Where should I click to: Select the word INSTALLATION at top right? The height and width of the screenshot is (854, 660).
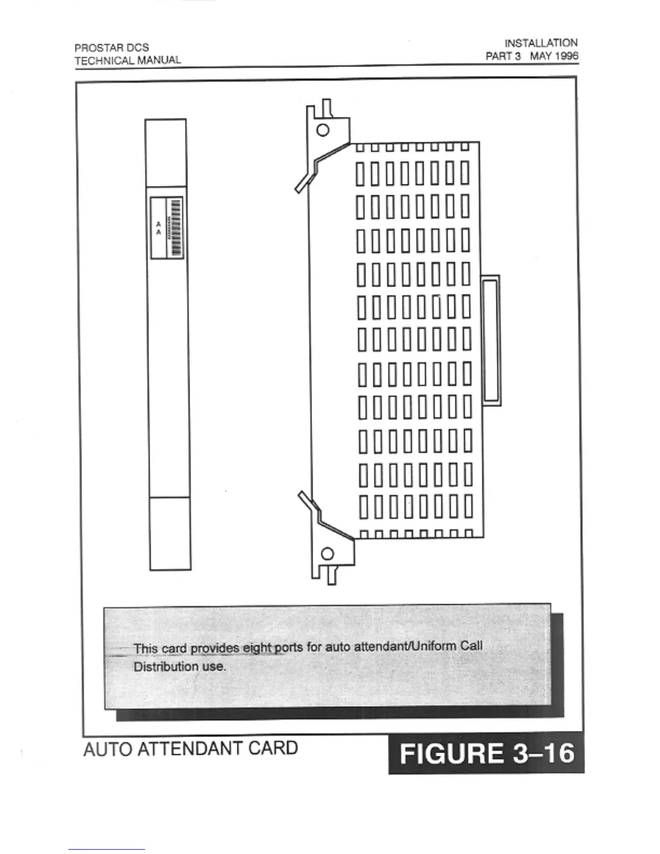point(541,43)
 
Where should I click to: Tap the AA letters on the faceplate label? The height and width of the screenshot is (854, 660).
point(158,228)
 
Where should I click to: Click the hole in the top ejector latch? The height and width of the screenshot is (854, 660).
point(322,130)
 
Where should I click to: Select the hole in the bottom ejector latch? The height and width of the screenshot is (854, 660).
point(327,554)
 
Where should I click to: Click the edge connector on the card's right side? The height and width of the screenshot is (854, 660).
point(491,340)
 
